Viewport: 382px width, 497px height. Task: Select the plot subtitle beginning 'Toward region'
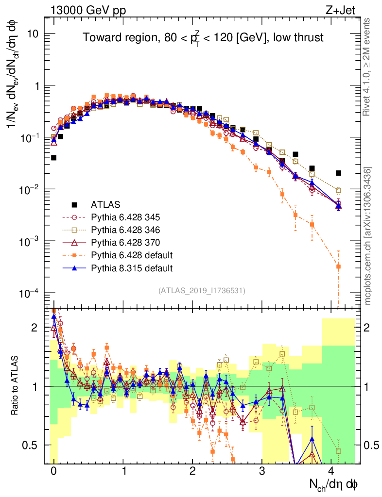[x=203, y=38]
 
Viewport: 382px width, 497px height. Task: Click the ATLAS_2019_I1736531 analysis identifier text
[x=202, y=291]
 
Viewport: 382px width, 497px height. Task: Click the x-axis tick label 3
[x=262, y=470]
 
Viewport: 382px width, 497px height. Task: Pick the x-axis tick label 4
[x=332, y=470]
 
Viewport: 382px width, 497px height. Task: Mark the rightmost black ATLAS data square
[x=338, y=173]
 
